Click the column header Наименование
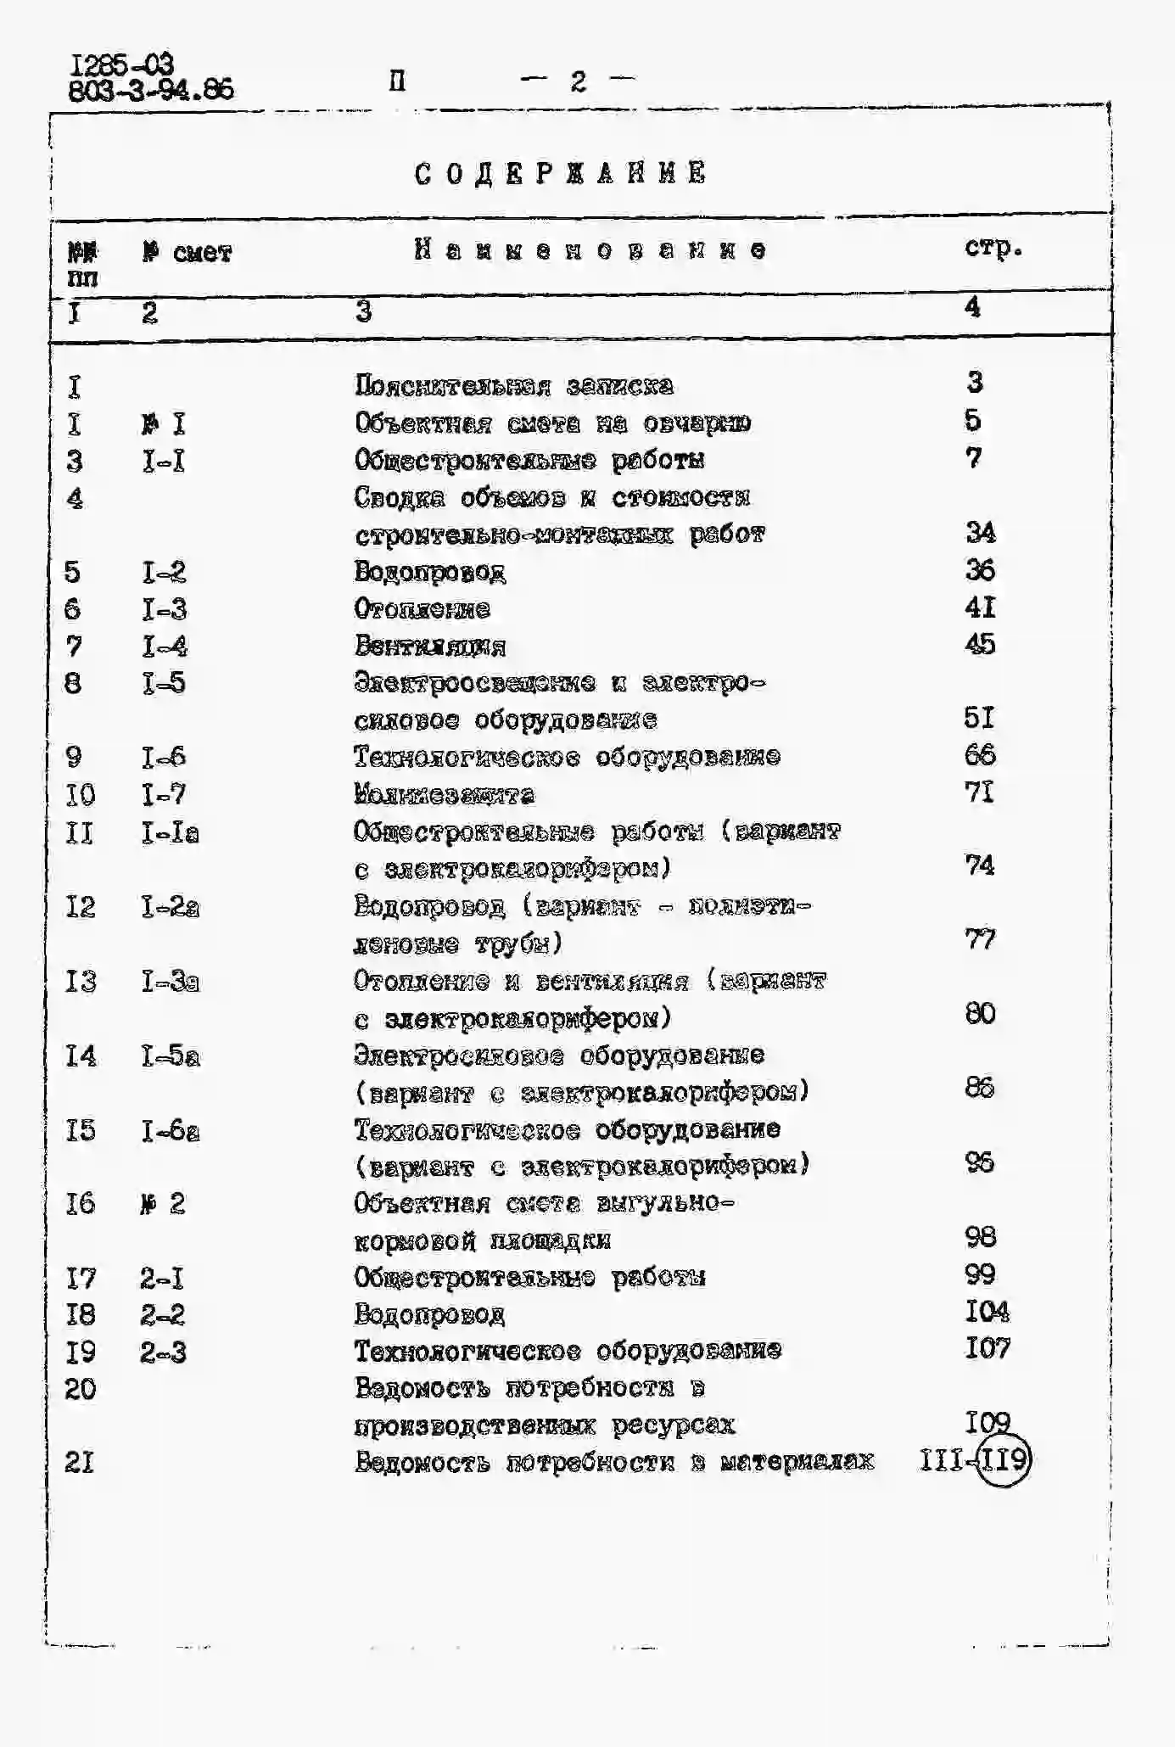590,249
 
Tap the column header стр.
993,248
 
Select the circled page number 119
1002,1461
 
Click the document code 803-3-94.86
151,90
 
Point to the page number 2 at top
579,81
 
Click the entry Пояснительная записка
514,386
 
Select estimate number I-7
163,794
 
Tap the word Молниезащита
444,795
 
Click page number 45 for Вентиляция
980,645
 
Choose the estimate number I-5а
171,1056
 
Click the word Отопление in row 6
422,609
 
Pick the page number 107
988,1348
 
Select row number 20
81,1389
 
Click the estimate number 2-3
163,1352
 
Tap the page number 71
980,792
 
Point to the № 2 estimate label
162,1203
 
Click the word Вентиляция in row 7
429,647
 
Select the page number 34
980,533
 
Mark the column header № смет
187,253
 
